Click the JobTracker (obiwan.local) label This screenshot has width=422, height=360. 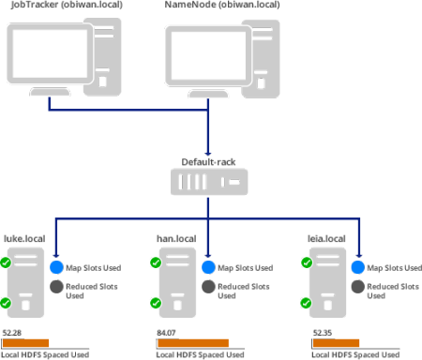click(67, 5)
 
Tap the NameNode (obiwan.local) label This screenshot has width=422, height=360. click(222, 5)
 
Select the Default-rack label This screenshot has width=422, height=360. click(208, 162)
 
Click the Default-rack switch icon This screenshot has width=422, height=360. click(209, 182)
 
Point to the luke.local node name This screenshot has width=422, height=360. click(24, 239)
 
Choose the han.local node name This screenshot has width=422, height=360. click(176, 239)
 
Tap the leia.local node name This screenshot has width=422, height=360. click(326, 239)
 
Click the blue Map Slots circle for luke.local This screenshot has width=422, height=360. click(56, 267)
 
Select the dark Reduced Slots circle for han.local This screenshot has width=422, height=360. click(208, 287)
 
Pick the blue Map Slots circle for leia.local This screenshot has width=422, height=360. click(358, 267)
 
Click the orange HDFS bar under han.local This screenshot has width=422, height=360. click(193, 343)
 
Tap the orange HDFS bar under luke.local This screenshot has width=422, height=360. click(25, 343)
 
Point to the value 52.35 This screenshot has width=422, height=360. click(323, 333)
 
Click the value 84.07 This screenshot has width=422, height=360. click(166, 333)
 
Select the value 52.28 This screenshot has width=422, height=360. click(12, 333)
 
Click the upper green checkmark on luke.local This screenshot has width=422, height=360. click(6, 262)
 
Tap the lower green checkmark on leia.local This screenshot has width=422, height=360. click(306, 303)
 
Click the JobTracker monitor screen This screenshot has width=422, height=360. click(50, 53)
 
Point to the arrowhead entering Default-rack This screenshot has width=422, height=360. click(208, 154)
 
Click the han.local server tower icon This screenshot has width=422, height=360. click(177, 282)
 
